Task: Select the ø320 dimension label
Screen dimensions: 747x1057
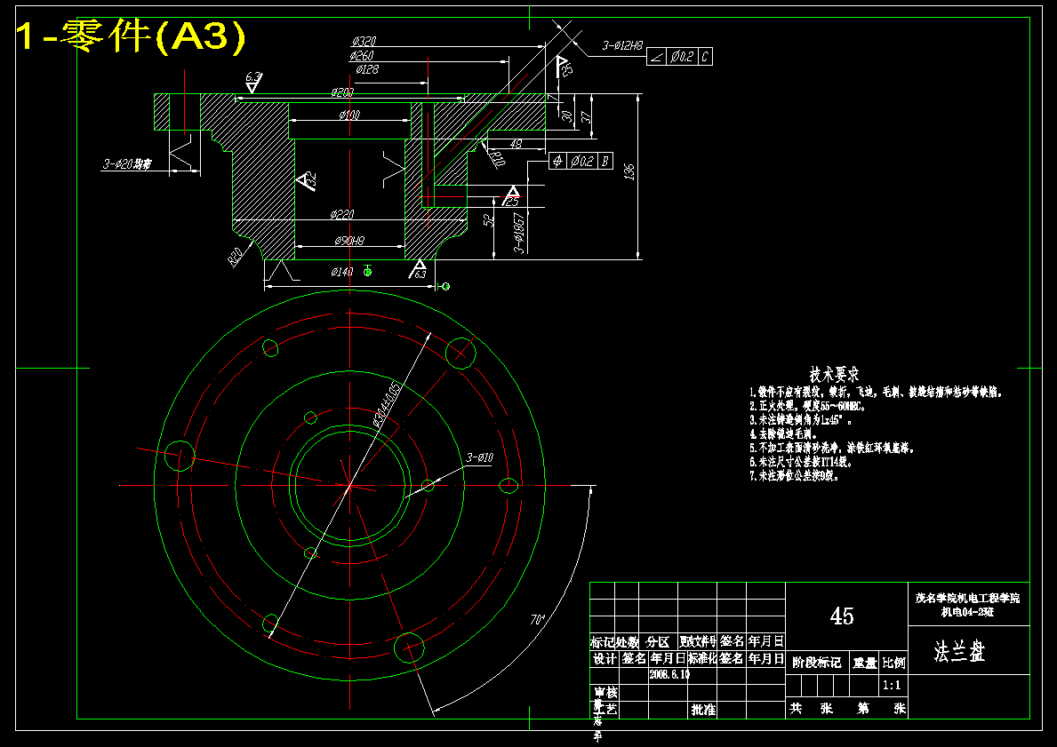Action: (364, 42)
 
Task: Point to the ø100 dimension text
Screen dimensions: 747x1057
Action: (349, 115)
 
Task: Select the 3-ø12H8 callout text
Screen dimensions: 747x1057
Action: (622, 45)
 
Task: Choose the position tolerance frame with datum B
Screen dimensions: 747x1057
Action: (581, 161)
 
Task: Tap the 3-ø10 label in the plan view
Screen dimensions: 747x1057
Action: (479, 457)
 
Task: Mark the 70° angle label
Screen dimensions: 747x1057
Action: (537, 619)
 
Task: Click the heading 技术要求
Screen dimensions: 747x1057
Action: (834, 375)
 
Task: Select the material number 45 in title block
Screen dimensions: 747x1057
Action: (842, 616)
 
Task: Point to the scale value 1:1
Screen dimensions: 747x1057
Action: (893, 686)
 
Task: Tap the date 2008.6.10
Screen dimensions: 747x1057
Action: (669, 675)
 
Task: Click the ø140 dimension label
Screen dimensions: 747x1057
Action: (342, 272)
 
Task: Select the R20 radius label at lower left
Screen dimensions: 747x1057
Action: (236, 257)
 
